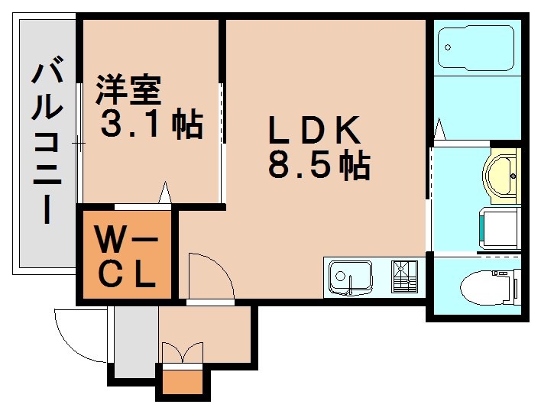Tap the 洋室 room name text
pos(128,90)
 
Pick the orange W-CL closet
pos(126,257)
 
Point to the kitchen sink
pos(349,276)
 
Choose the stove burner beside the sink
pos(405,277)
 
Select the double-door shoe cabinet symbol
pos(182,353)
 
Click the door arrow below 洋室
pos(164,193)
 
